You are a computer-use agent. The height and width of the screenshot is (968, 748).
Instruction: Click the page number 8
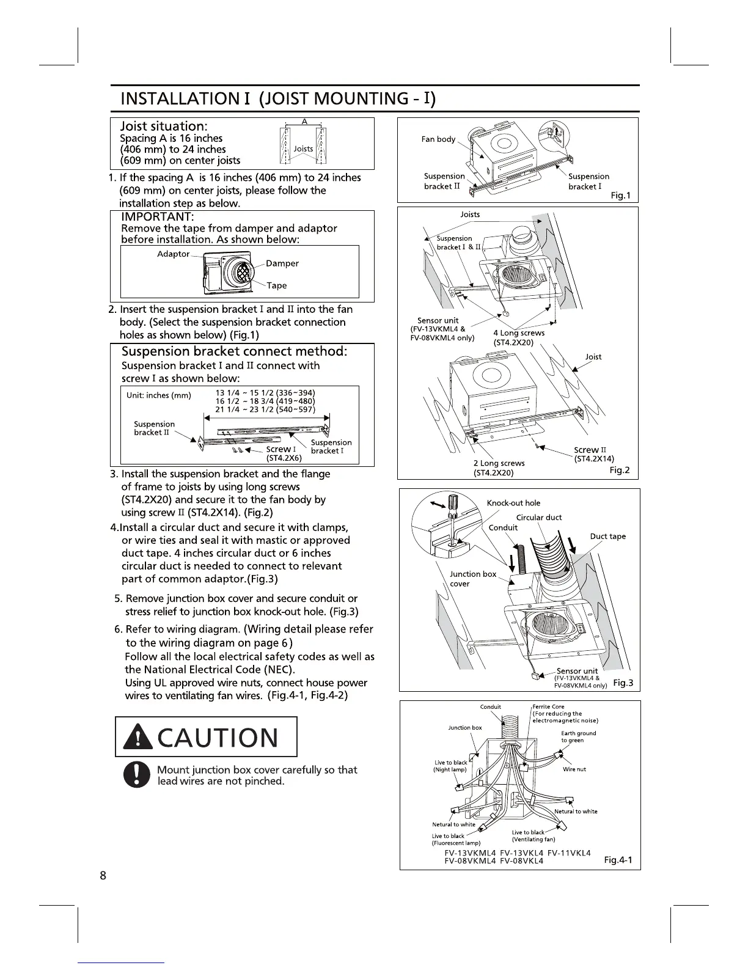click(103, 875)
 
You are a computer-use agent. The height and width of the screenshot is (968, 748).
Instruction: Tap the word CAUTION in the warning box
click(218, 737)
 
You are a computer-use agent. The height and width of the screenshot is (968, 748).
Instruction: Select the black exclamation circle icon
click(136, 775)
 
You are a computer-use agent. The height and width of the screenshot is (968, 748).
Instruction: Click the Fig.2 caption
click(619, 471)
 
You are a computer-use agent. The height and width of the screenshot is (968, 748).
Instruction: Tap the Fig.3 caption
click(622, 683)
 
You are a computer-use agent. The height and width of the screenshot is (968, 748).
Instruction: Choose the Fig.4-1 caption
click(618, 860)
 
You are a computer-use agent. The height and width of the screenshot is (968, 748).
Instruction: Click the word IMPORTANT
click(158, 217)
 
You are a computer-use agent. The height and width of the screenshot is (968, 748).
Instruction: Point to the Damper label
click(282, 263)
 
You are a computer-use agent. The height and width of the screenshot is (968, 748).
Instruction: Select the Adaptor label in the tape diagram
click(174, 254)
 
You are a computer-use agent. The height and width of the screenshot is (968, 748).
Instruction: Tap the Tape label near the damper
click(276, 285)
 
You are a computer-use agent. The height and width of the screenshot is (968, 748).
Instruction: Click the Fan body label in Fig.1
click(438, 139)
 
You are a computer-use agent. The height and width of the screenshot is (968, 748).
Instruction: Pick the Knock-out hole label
click(513, 503)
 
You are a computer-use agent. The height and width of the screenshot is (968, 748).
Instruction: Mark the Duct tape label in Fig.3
click(607, 537)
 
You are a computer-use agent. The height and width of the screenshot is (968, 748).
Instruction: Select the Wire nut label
click(574, 769)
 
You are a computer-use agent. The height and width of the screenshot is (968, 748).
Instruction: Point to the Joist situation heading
click(164, 126)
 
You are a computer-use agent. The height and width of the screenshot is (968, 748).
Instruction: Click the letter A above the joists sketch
click(304, 121)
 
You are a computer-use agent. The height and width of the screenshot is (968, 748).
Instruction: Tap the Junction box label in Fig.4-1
click(464, 728)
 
